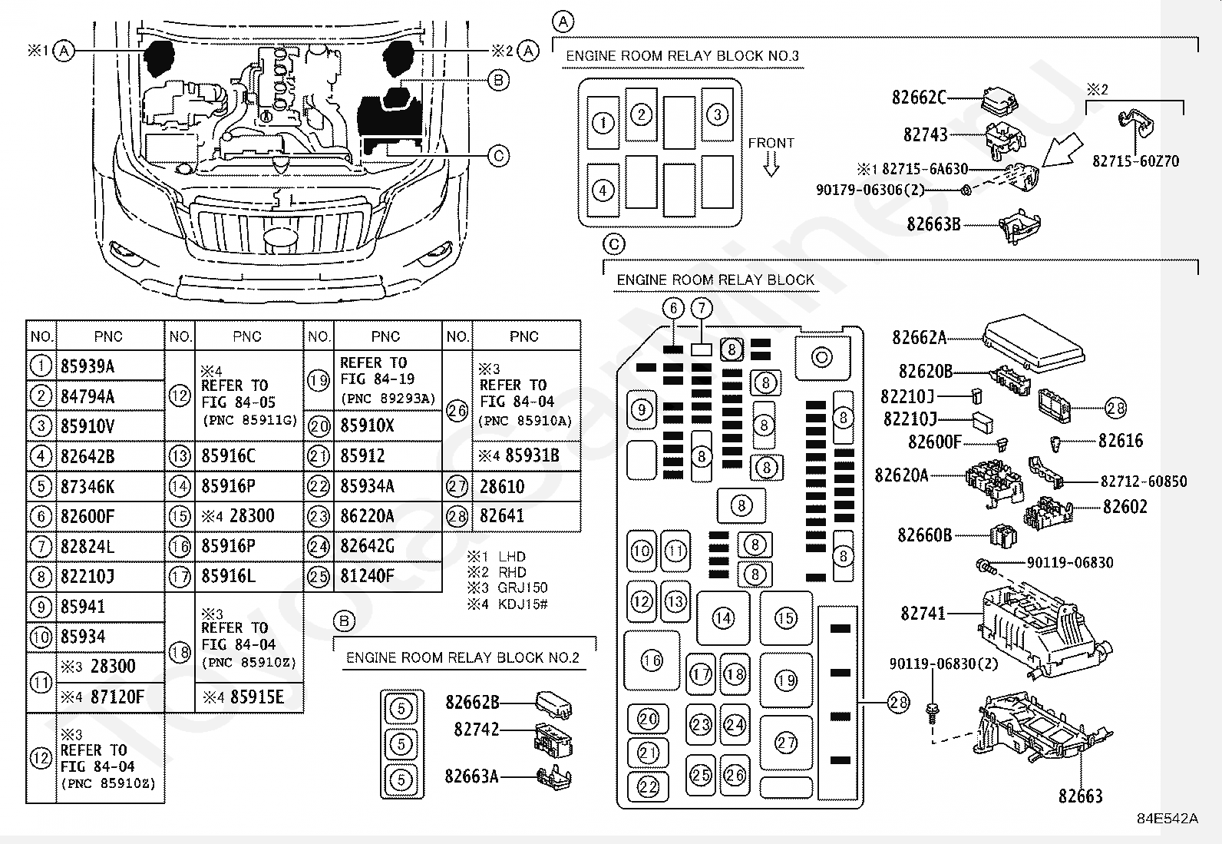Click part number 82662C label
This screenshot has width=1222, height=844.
[x=919, y=98]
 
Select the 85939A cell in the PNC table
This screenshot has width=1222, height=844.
[x=88, y=366]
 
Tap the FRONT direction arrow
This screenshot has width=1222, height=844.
[x=771, y=164]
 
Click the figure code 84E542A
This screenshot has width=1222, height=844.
[x=1168, y=819]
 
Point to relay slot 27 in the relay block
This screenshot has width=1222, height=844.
[x=786, y=743]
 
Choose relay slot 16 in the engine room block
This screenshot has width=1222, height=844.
[x=652, y=660]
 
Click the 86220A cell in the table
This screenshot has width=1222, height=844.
[x=367, y=516]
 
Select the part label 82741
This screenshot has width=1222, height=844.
[x=923, y=614]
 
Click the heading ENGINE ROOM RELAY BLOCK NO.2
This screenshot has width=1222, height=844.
[x=463, y=657]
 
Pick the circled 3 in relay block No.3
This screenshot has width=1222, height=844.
[x=717, y=115]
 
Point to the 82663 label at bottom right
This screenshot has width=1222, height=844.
[x=1080, y=796]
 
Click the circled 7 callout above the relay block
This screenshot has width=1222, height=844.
[x=702, y=309]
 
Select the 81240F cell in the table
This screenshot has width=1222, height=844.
[x=367, y=576]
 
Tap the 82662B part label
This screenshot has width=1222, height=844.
[x=472, y=701]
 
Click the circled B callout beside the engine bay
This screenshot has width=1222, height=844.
[x=498, y=80]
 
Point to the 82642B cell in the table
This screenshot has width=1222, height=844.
[x=88, y=456]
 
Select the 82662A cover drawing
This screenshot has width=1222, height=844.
[x=1033, y=340]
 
